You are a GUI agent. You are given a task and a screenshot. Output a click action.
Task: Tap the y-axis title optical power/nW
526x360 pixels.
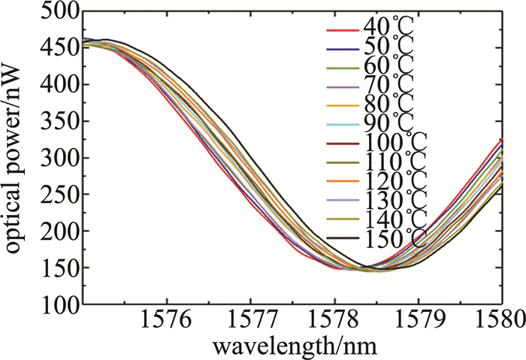[x=15, y=158]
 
